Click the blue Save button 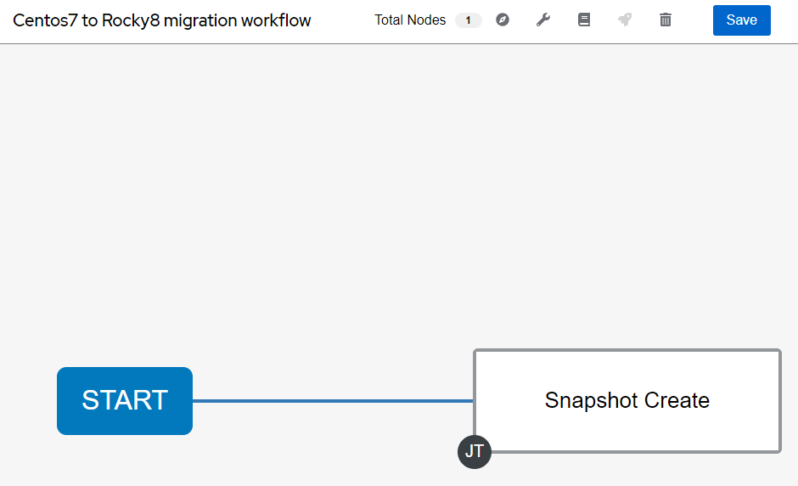(741, 20)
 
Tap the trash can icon (666, 20)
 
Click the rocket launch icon (625, 20)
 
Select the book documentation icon (584, 20)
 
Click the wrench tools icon (543, 20)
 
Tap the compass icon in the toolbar (503, 20)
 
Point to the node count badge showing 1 (469, 20)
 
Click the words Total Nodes (410, 20)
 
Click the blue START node (125, 401)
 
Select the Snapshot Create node (627, 401)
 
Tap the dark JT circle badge (475, 451)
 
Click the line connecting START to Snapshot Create (333, 401)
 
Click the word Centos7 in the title (45, 20)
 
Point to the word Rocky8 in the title (131, 21)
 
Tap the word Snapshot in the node (592, 401)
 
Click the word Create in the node (677, 400)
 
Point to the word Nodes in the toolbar (426, 20)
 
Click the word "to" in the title (90, 20)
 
